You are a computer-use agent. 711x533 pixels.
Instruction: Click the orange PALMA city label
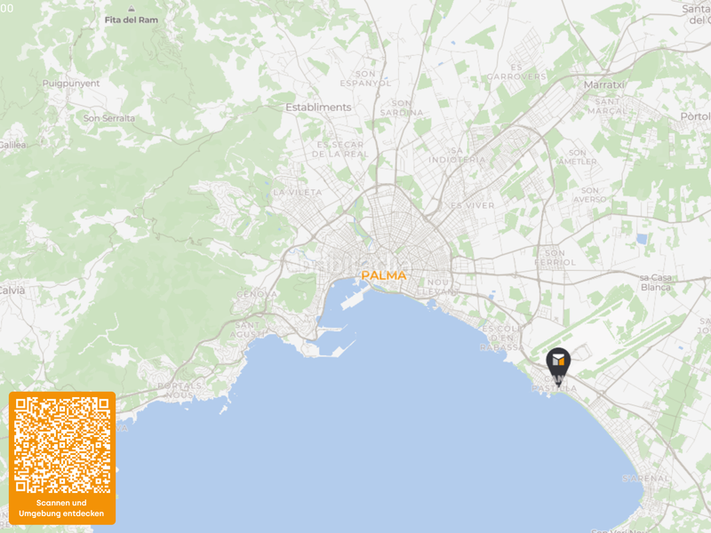(384, 275)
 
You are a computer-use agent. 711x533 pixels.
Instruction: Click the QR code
(62, 445)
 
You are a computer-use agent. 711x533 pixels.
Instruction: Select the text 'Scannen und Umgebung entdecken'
(62, 508)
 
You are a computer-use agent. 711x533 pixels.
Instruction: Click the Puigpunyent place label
(71, 84)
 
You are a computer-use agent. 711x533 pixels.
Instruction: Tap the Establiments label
(318, 107)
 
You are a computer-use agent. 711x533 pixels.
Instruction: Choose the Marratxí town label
(605, 84)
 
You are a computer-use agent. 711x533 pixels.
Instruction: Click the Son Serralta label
(109, 118)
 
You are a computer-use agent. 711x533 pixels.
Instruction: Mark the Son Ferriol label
(556, 257)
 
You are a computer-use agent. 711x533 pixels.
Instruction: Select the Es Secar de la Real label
(342, 148)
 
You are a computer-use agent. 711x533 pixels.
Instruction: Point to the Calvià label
(11, 290)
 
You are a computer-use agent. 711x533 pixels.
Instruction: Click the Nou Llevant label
(439, 287)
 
